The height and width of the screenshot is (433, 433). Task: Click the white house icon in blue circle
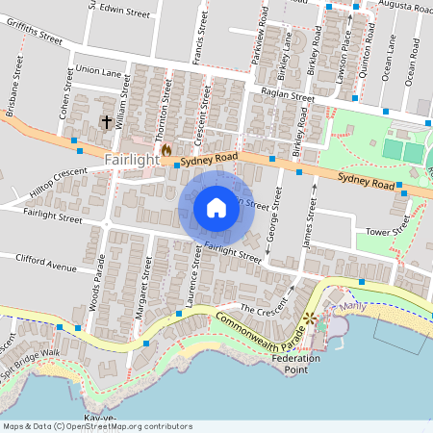click(x=216, y=207)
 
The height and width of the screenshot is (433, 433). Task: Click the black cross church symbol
click(x=107, y=122)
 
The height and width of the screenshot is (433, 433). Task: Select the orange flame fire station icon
click(x=166, y=151)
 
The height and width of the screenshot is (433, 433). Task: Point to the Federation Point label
click(x=295, y=364)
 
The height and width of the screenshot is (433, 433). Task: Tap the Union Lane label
click(x=98, y=70)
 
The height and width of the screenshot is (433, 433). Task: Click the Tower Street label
click(x=388, y=232)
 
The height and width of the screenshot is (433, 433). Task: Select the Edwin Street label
click(x=124, y=13)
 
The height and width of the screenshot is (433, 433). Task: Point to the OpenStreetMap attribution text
click(x=96, y=426)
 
